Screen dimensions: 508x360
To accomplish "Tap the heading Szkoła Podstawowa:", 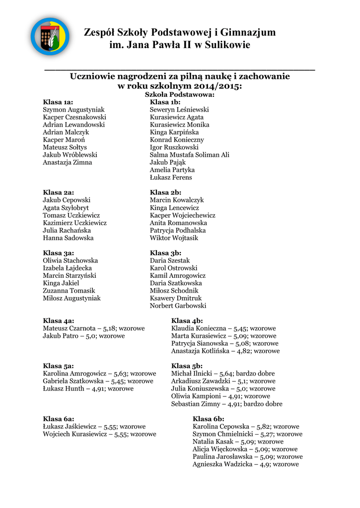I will tap(179, 94).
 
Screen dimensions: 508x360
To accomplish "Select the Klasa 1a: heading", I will tap(58, 102).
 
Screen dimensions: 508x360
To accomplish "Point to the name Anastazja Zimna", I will tap(68, 162).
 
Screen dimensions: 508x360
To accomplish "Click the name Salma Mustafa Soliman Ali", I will tap(190, 155).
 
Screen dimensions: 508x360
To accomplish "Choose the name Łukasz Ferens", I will tap(171, 177).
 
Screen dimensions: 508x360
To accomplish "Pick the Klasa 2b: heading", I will tap(165, 192).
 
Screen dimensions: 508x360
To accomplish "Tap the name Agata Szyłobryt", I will tap(66, 208).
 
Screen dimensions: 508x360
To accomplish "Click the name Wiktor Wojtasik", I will tap(174, 238).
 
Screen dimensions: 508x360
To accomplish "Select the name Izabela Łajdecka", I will tap(68, 268).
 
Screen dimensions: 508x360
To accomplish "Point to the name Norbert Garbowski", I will tap(178, 306).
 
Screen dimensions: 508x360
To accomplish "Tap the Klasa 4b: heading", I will tap(187, 321).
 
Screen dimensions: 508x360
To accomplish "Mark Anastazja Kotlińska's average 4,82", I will tap(243, 351).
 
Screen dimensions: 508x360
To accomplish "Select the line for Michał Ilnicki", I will tap(222, 374).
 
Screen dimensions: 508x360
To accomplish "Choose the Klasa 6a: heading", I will tap(58, 419).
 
